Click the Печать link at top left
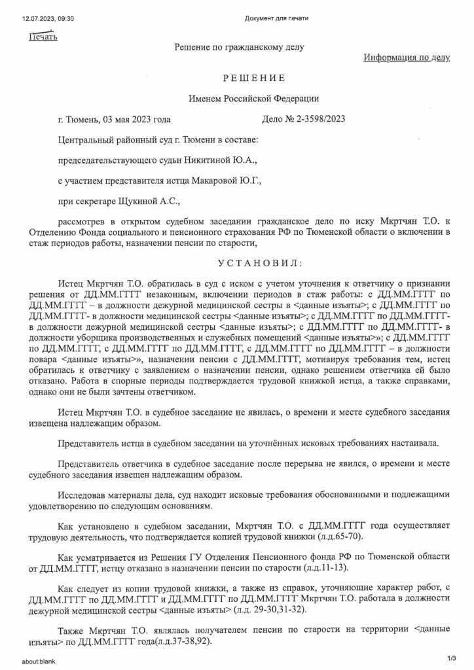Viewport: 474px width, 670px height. point(43,37)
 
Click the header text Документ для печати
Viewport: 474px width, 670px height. point(276,18)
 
